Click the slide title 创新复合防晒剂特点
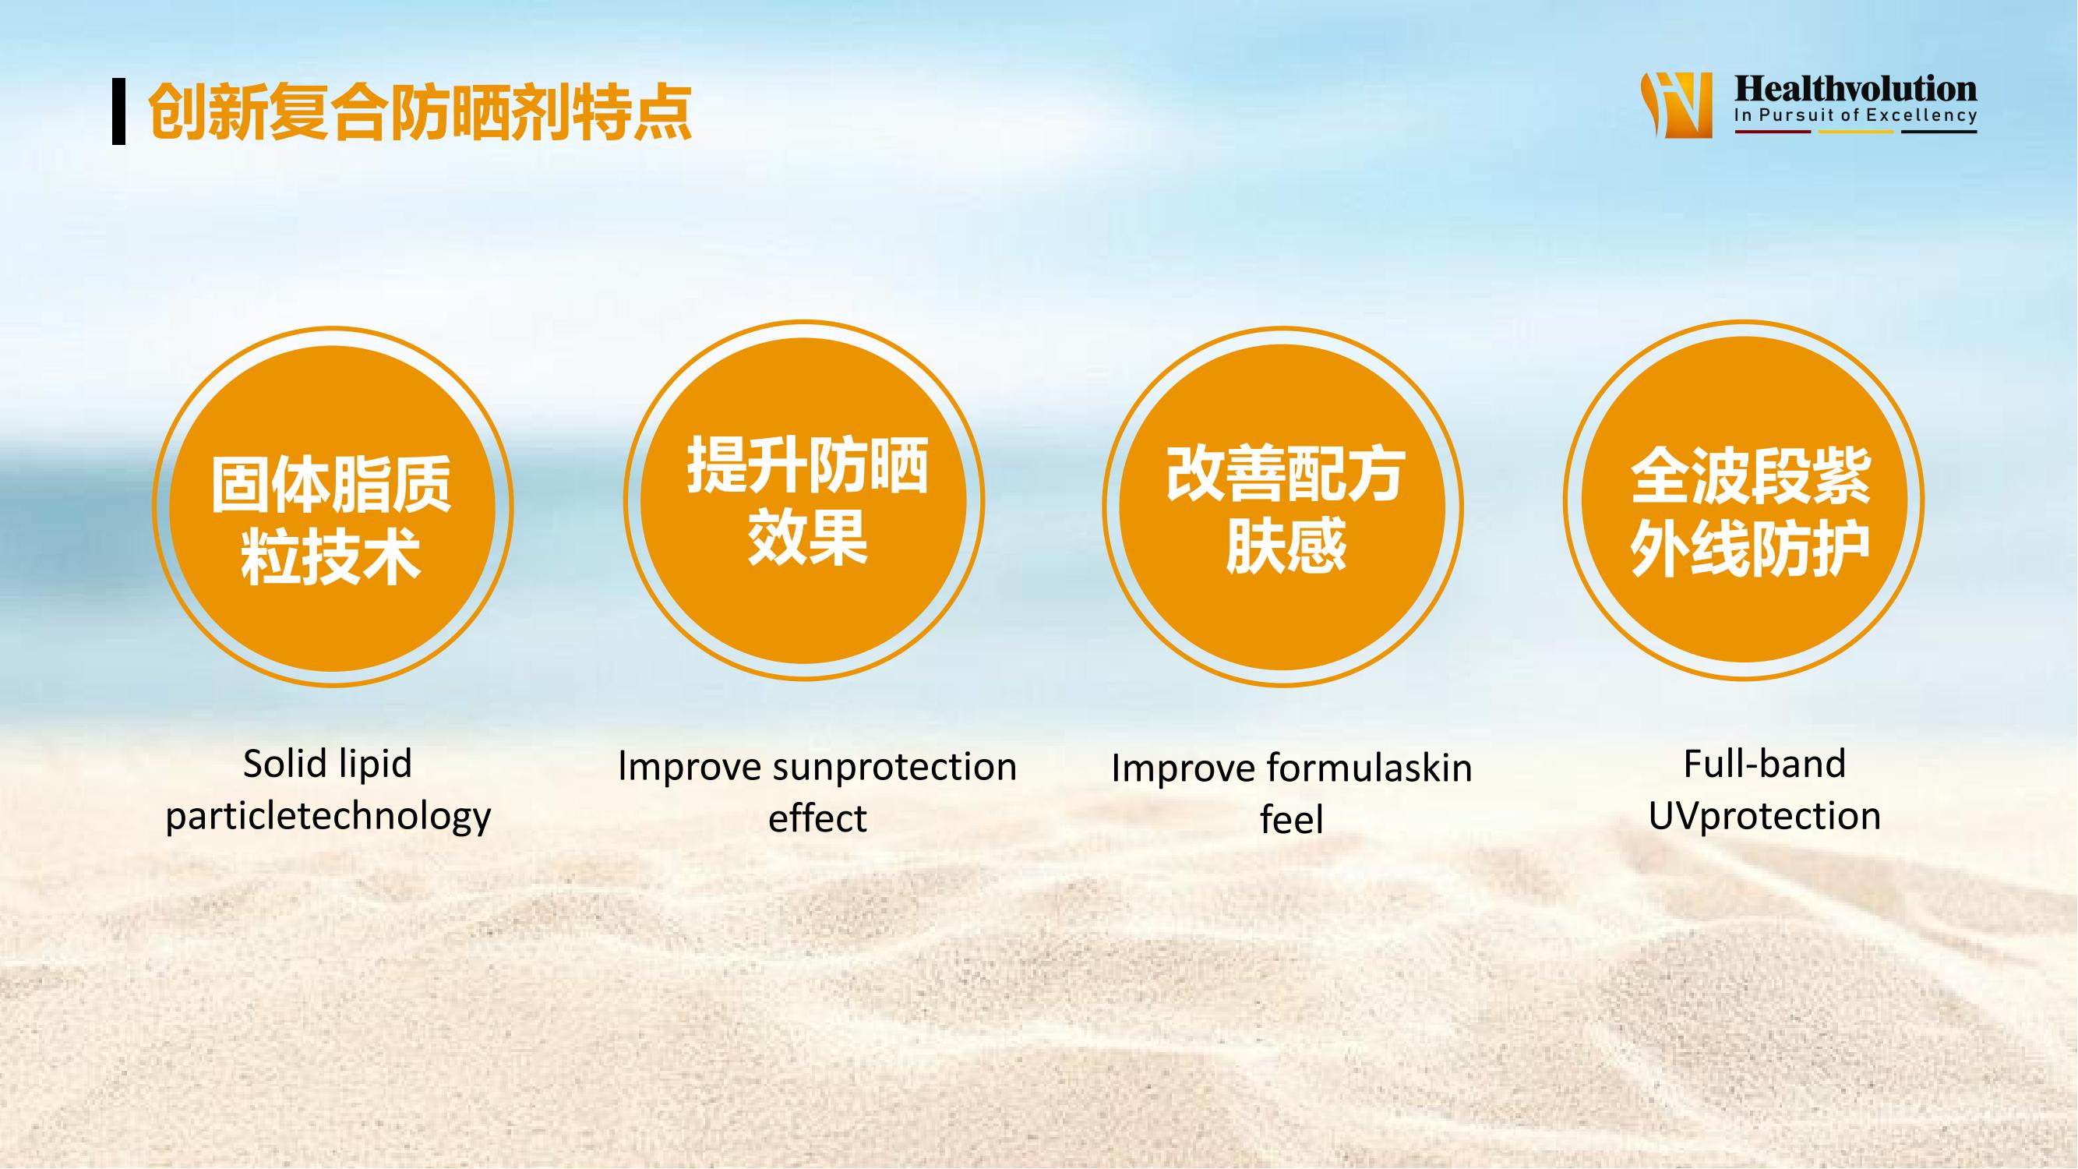tap(419, 112)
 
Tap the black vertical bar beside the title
tap(118, 111)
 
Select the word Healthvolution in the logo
tap(1855, 90)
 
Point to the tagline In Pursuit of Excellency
tap(1855, 115)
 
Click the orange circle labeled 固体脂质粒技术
tap(333, 507)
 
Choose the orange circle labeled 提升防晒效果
tap(804, 500)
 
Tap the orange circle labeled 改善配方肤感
tap(1282, 507)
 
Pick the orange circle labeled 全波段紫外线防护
tap(1744, 500)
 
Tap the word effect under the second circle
tap(817, 819)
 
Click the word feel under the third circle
tap(1292, 820)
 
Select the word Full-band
tap(1765, 764)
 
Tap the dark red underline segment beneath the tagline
tap(1773, 132)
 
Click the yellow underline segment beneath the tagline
tap(1856, 132)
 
